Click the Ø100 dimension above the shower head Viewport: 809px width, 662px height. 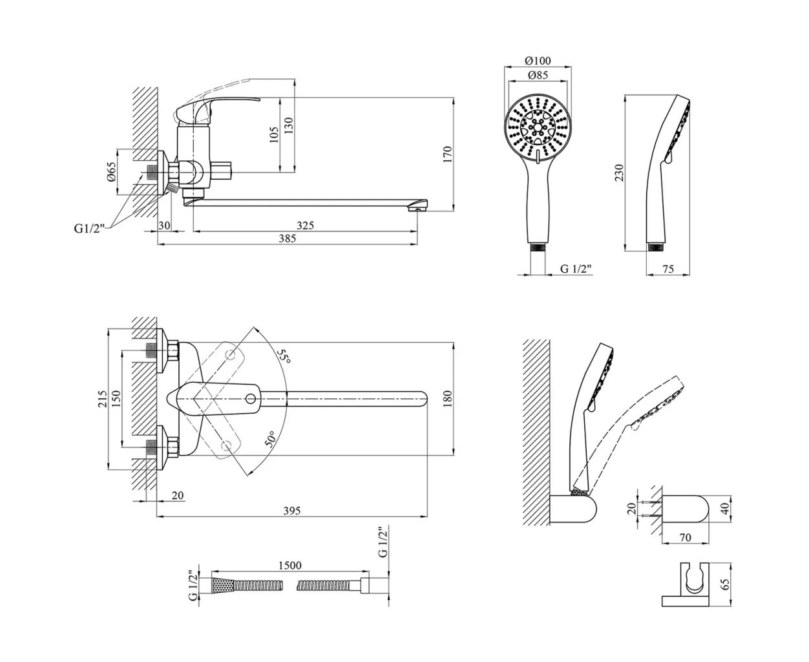tap(538, 61)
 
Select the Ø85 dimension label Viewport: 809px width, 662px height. tap(538, 75)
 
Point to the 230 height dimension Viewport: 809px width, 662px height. tap(619, 173)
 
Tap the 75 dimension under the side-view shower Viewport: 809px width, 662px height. tap(668, 270)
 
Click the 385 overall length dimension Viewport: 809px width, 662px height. tap(287, 239)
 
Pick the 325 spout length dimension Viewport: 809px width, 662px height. tap(305, 225)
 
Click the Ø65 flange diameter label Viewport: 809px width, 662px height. tap(111, 171)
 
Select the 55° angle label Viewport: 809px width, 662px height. tap(284, 356)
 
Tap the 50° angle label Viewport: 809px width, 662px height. tap(271, 439)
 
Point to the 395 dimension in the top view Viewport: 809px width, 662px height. tap(292, 511)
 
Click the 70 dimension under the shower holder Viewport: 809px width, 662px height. tap(686, 537)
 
